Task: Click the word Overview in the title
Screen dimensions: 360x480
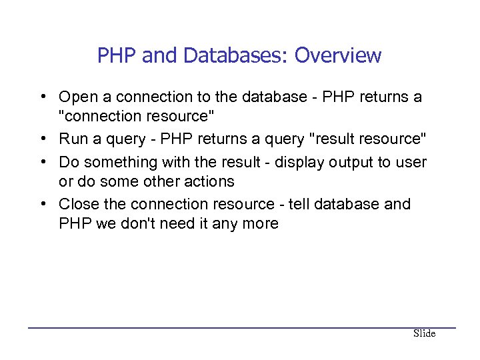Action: pyautogui.click(x=338, y=55)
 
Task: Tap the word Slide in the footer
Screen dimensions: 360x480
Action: pyautogui.click(x=424, y=333)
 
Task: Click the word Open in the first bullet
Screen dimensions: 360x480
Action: pyautogui.click(x=78, y=97)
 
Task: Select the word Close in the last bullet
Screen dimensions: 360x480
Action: pyautogui.click(x=79, y=204)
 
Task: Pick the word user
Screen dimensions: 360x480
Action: pyautogui.click(x=411, y=162)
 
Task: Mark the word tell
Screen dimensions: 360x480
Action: pyautogui.click(x=299, y=204)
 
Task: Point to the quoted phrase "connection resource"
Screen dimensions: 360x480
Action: pyautogui.click(x=137, y=117)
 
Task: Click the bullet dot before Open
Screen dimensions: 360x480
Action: pyautogui.click(x=42, y=97)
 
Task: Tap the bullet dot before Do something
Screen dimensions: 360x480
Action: pyautogui.click(x=42, y=162)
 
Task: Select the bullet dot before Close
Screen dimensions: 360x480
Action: pyautogui.click(x=42, y=204)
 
